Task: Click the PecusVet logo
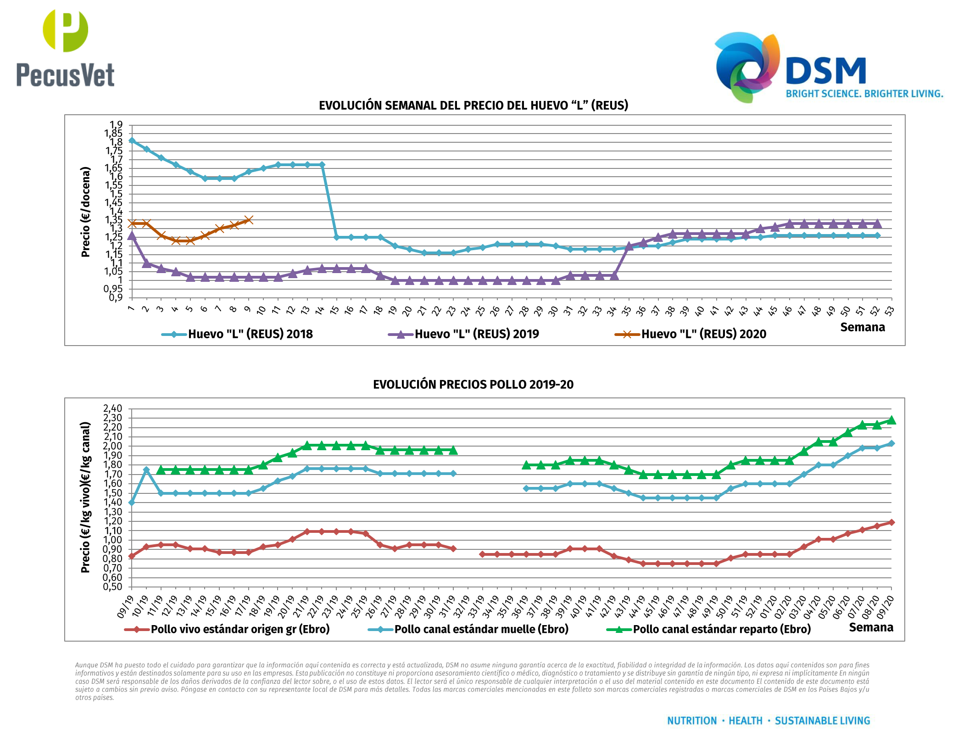click(x=65, y=48)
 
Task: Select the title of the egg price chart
click(x=473, y=106)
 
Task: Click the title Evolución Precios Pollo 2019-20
click(x=473, y=385)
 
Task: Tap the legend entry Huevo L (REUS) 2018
click(x=250, y=334)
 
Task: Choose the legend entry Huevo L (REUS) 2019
click(x=477, y=334)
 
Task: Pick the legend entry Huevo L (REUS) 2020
click(x=703, y=334)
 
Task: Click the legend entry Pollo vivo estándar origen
click(x=240, y=629)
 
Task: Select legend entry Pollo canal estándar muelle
click(x=481, y=629)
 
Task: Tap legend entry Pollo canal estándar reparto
click(x=722, y=629)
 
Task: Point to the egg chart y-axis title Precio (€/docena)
click(x=85, y=212)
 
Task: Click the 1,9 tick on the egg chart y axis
click(x=117, y=125)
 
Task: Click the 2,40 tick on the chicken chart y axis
click(x=113, y=408)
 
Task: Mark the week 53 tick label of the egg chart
click(x=890, y=311)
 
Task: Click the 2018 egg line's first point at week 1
click(x=132, y=140)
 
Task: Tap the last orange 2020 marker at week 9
click(x=249, y=220)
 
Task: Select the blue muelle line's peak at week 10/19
click(x=146, y=470)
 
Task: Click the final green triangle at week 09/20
click(x=891, y=420)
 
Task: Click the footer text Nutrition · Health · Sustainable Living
click(x=769, y=721)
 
